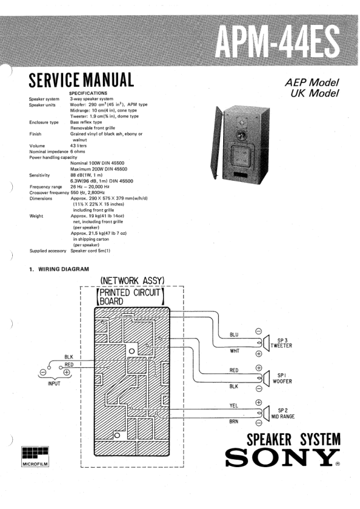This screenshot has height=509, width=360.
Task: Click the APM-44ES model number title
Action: pos(277,43)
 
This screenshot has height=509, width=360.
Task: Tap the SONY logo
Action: pos(282,457)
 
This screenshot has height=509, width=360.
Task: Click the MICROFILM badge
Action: pos(35,457)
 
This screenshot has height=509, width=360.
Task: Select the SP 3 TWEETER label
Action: pos(282,343)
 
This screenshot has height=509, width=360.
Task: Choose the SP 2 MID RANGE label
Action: pos(283,414)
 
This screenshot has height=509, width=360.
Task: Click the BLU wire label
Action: pos(234,334)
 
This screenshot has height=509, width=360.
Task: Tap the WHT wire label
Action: pos(234,351)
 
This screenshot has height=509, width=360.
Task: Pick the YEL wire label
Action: pos(234,406)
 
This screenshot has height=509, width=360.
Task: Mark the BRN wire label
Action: pos(234,421)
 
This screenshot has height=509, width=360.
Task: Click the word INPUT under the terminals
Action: pos(54,384)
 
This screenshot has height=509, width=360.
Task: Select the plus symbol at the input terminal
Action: pos(66,372)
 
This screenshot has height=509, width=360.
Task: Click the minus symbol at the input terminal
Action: pos(43,372)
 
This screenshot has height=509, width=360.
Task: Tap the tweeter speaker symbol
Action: pos(266,343)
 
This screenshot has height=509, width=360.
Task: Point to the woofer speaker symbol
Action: pos(266,378)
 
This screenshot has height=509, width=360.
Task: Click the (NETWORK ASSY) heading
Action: pos(133,280)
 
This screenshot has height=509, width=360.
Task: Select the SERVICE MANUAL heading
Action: pos(81,80)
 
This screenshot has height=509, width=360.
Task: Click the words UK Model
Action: pos(314,93)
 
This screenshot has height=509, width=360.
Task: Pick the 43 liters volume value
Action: pos(78,146)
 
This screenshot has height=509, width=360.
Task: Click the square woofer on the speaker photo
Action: pos(241,157)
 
